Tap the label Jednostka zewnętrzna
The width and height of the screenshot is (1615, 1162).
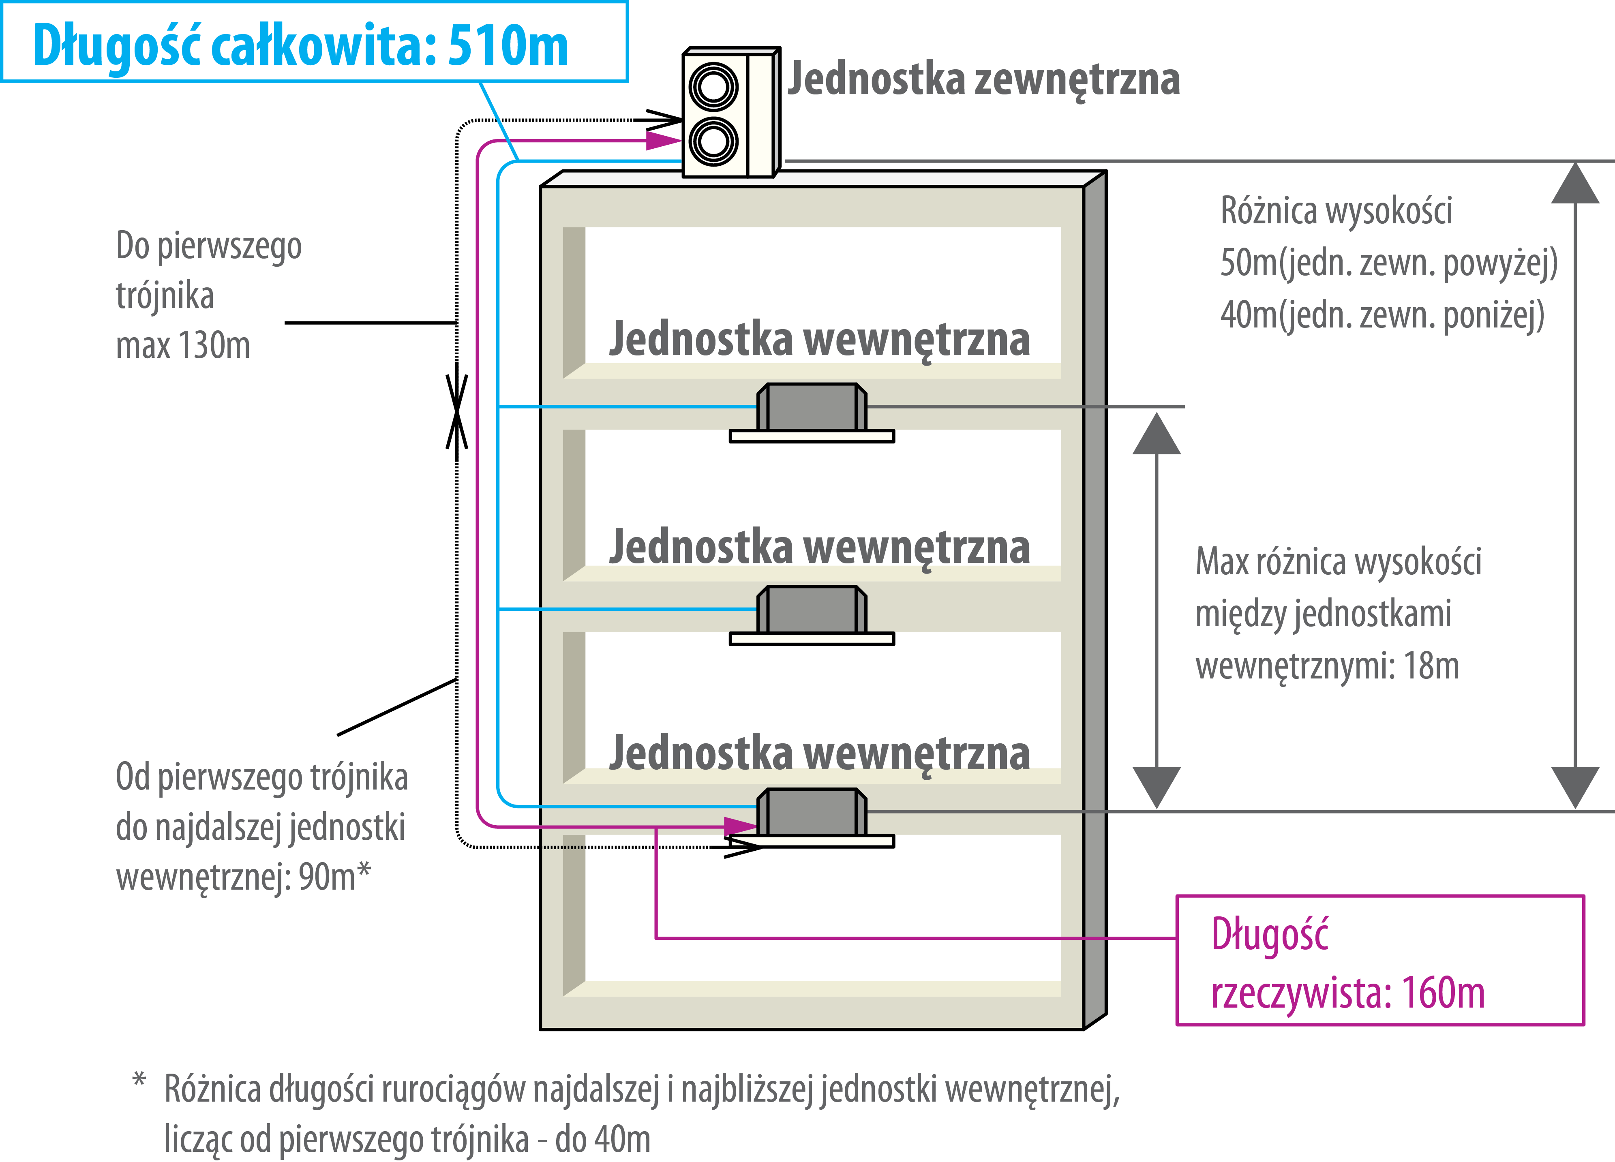pos(983,78)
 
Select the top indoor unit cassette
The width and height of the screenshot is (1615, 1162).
pos(812,413)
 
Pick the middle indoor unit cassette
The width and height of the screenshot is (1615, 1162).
pos(812,615)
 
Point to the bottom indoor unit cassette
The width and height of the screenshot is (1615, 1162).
pos(812,818)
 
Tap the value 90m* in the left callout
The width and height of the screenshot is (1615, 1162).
pos(335,877)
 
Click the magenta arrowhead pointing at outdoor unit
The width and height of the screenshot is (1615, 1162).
pos(664,140)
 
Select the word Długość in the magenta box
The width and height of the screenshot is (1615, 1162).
pos(1270,935)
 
